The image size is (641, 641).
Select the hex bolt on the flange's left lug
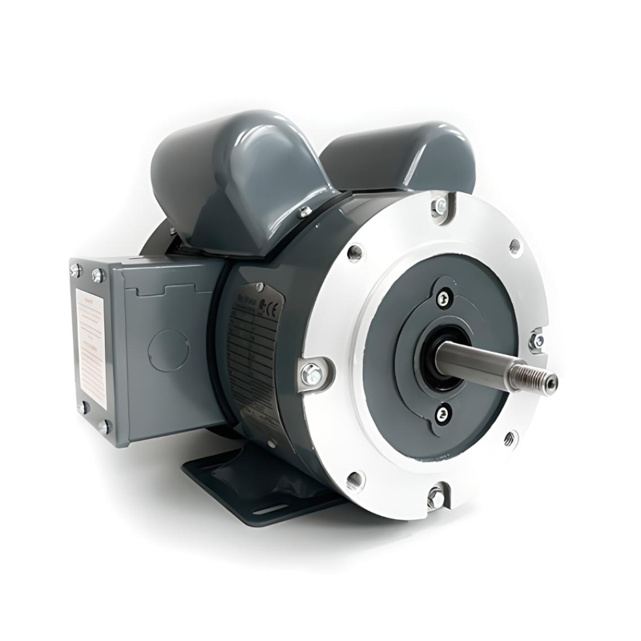coord(311,373)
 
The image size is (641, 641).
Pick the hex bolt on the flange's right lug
coord(537,341)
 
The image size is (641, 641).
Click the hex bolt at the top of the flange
coord(439,208)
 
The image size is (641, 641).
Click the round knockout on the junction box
coord(170,349)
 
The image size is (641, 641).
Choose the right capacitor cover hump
coord(401,156)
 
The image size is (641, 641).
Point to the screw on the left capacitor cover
coord(304,212)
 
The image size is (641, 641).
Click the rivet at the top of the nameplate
coord(258,287)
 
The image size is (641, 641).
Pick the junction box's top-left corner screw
coord(76,272)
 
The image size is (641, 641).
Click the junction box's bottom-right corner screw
coord(104,426)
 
